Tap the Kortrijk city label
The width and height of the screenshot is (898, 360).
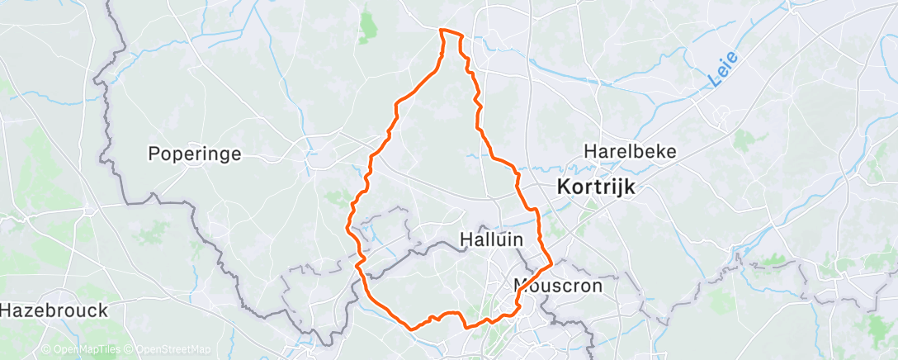point(596,187)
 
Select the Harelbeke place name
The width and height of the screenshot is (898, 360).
point(630,152)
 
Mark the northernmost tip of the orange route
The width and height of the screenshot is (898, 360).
point(444,31)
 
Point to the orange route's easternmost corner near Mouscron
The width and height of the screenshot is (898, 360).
point(551,265)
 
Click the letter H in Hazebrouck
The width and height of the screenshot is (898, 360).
point(7,311)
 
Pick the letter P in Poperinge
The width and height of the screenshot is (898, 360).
point(154,154)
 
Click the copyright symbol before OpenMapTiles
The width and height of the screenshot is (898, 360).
point(46,350)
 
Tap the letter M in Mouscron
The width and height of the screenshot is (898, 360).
point(522,287)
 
